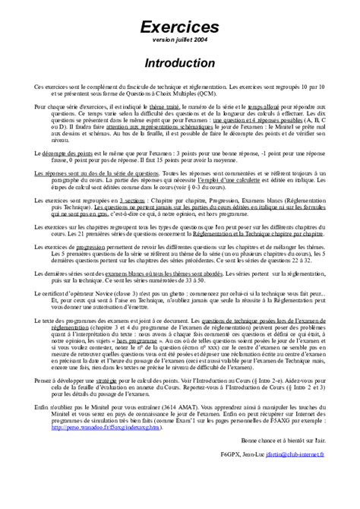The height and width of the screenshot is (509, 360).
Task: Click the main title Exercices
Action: tap(180, 27)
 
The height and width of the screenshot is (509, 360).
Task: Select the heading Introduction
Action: tap(180, 61)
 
